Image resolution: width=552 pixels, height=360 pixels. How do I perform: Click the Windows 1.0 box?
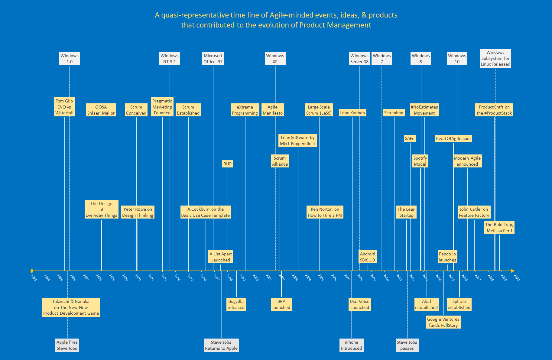tap(69, 58)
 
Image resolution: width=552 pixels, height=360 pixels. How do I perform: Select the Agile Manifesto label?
tap(272, 110)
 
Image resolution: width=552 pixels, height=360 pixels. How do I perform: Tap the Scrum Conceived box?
tap(136, 110)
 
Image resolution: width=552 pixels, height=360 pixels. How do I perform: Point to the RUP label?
tap(227, 164)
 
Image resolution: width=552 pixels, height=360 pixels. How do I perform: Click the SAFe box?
tap(410, 138)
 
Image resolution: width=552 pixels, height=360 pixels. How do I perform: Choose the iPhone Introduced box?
tap(351, 345)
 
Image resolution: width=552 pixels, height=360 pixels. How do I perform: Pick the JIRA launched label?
tap(281, 304)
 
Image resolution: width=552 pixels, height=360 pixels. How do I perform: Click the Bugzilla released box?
tap(236, 304)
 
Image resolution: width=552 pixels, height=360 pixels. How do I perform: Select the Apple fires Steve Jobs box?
tap(67, 345)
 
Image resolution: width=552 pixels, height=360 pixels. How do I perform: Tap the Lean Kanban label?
tap(352, 113)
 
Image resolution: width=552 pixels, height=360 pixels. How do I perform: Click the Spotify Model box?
tap(420, 161)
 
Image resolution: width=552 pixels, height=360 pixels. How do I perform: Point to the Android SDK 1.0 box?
tap(368, 257)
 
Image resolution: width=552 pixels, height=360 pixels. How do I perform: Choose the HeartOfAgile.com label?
tap(453, 138)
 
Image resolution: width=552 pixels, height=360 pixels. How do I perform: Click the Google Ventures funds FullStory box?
tap(443, 322)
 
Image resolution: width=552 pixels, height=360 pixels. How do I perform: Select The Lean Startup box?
tap(406, 212)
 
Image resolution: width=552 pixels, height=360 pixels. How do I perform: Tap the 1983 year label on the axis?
tap(34, 277)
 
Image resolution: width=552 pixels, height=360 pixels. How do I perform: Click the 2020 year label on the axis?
tap(517, 277)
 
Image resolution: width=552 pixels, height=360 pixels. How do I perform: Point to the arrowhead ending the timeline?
tap(513, 271)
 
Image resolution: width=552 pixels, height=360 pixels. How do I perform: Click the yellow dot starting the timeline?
tap(32, 271)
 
